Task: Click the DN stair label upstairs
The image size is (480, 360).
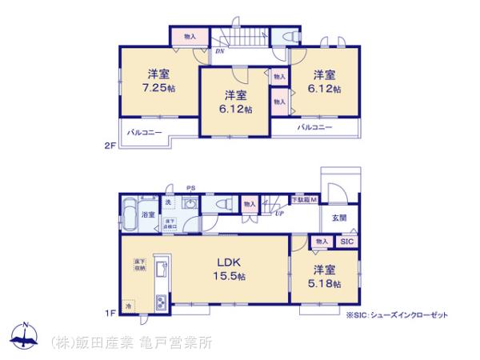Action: (x=219, y=51)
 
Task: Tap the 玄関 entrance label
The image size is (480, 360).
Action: (x=339, y=216)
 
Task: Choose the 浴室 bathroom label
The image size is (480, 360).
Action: (x=148, y=216)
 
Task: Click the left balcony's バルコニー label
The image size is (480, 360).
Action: (x=145, y=132)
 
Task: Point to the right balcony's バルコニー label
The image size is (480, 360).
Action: (x=315, y=127)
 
